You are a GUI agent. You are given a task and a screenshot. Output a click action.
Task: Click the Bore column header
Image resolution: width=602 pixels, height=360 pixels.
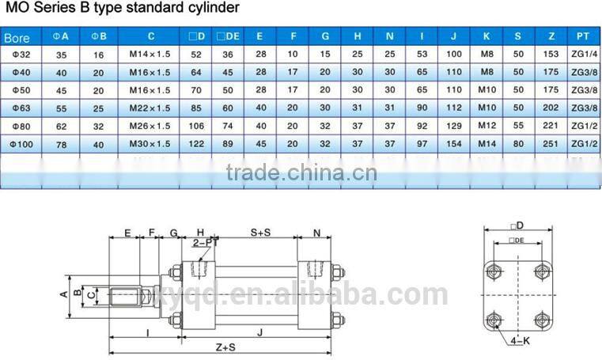[17, 37]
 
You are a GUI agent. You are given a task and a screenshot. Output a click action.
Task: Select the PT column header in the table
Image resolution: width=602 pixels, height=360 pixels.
[583, 36]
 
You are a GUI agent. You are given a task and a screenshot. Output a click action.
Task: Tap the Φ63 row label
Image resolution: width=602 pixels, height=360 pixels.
[18, 108]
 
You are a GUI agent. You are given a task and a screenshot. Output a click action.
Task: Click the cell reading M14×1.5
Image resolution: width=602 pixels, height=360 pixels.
[150, 55]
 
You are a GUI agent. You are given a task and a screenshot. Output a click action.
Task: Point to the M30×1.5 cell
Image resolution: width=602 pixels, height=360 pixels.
[150, 144]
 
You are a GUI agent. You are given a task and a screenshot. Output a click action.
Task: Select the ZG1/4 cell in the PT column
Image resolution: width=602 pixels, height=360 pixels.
[583, 55]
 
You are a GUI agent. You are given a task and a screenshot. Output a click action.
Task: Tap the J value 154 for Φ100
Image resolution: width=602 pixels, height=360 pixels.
[453, 144]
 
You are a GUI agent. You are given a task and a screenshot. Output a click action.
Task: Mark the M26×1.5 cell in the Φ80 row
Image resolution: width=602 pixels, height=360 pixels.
[150, 126]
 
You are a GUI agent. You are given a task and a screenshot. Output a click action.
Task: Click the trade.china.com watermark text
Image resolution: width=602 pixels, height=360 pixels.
[301, 172]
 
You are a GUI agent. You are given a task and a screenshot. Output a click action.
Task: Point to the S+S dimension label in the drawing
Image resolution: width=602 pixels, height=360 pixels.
[262, 233]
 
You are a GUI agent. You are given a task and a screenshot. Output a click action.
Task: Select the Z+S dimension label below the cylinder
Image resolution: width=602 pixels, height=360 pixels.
[225, 347]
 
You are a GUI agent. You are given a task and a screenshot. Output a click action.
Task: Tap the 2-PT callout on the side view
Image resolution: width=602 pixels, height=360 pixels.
[205, 243]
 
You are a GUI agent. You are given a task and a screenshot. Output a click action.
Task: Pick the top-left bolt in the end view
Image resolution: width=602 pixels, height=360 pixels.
[496, 268]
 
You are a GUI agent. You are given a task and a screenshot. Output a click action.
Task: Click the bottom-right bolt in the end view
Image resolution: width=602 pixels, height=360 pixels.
[543, 319]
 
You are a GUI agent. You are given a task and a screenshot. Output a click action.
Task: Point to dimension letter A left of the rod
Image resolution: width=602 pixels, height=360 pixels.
[64, 294]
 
